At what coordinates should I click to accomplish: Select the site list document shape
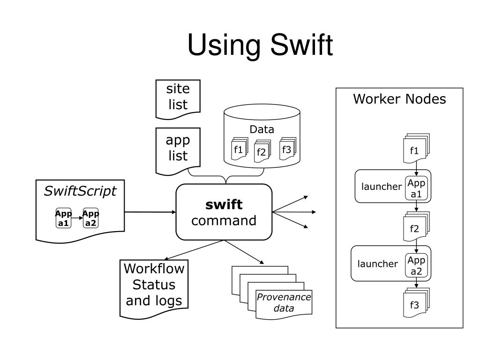pos(178,97)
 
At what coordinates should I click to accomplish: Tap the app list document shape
pos(178,149)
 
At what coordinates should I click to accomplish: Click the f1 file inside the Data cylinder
pos(239,150)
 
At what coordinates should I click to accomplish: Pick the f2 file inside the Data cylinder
pos(261,152)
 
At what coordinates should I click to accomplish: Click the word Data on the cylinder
pos(262,129)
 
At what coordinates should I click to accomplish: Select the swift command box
pos(224,212)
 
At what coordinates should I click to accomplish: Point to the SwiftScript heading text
pos(80,191)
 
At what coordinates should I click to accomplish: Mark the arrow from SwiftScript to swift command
pos(150,212)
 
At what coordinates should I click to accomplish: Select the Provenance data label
pos(284,303)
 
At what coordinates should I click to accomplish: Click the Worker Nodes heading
pos(399,99)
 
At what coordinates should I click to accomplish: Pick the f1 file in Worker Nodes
pos(414,150)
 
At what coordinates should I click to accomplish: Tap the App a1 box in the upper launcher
pos(416,188)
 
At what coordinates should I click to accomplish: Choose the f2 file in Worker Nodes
pos(414,229)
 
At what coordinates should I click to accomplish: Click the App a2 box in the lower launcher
pos(416,266)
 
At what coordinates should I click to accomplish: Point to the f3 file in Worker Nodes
pos(414,305)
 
